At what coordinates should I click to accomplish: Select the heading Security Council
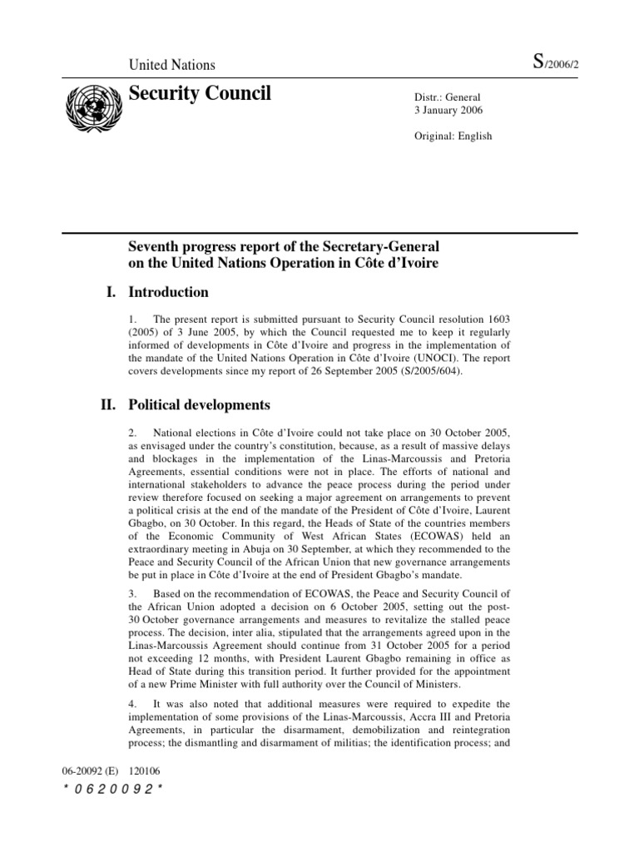200,94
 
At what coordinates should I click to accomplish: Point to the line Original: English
453,136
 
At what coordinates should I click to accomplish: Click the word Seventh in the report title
155,248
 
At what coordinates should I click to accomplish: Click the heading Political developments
198,405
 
